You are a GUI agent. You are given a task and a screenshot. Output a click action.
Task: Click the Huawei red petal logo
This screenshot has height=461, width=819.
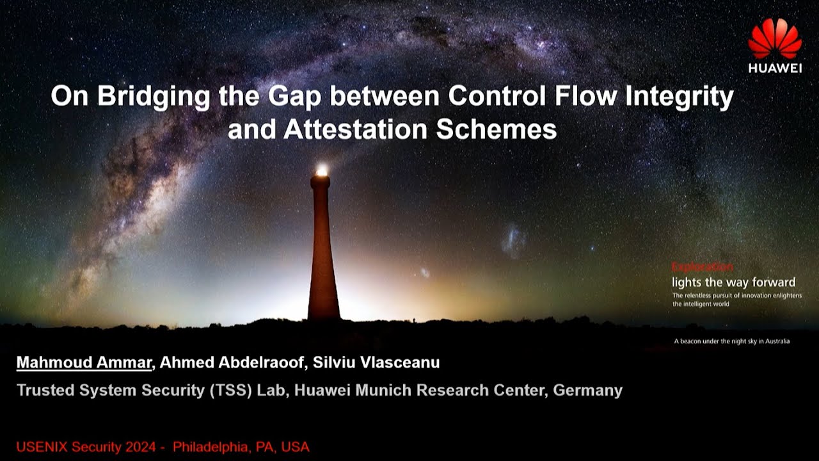775,39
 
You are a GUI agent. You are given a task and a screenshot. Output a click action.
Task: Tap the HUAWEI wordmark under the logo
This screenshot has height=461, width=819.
775,69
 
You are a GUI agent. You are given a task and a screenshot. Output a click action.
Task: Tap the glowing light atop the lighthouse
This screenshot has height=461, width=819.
321,170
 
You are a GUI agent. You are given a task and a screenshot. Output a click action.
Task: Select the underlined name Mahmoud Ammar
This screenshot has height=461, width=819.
84,362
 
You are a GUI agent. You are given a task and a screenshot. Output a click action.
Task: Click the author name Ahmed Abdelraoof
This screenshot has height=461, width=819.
232,362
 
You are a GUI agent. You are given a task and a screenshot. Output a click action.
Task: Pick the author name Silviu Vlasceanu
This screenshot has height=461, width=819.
376,362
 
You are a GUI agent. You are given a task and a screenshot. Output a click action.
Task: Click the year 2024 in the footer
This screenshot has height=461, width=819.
143,446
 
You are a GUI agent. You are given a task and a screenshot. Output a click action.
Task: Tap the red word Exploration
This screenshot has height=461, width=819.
702,267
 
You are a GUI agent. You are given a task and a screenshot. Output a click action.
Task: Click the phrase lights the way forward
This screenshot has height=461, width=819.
733,282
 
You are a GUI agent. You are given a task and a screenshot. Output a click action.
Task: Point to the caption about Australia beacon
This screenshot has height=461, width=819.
731,341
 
